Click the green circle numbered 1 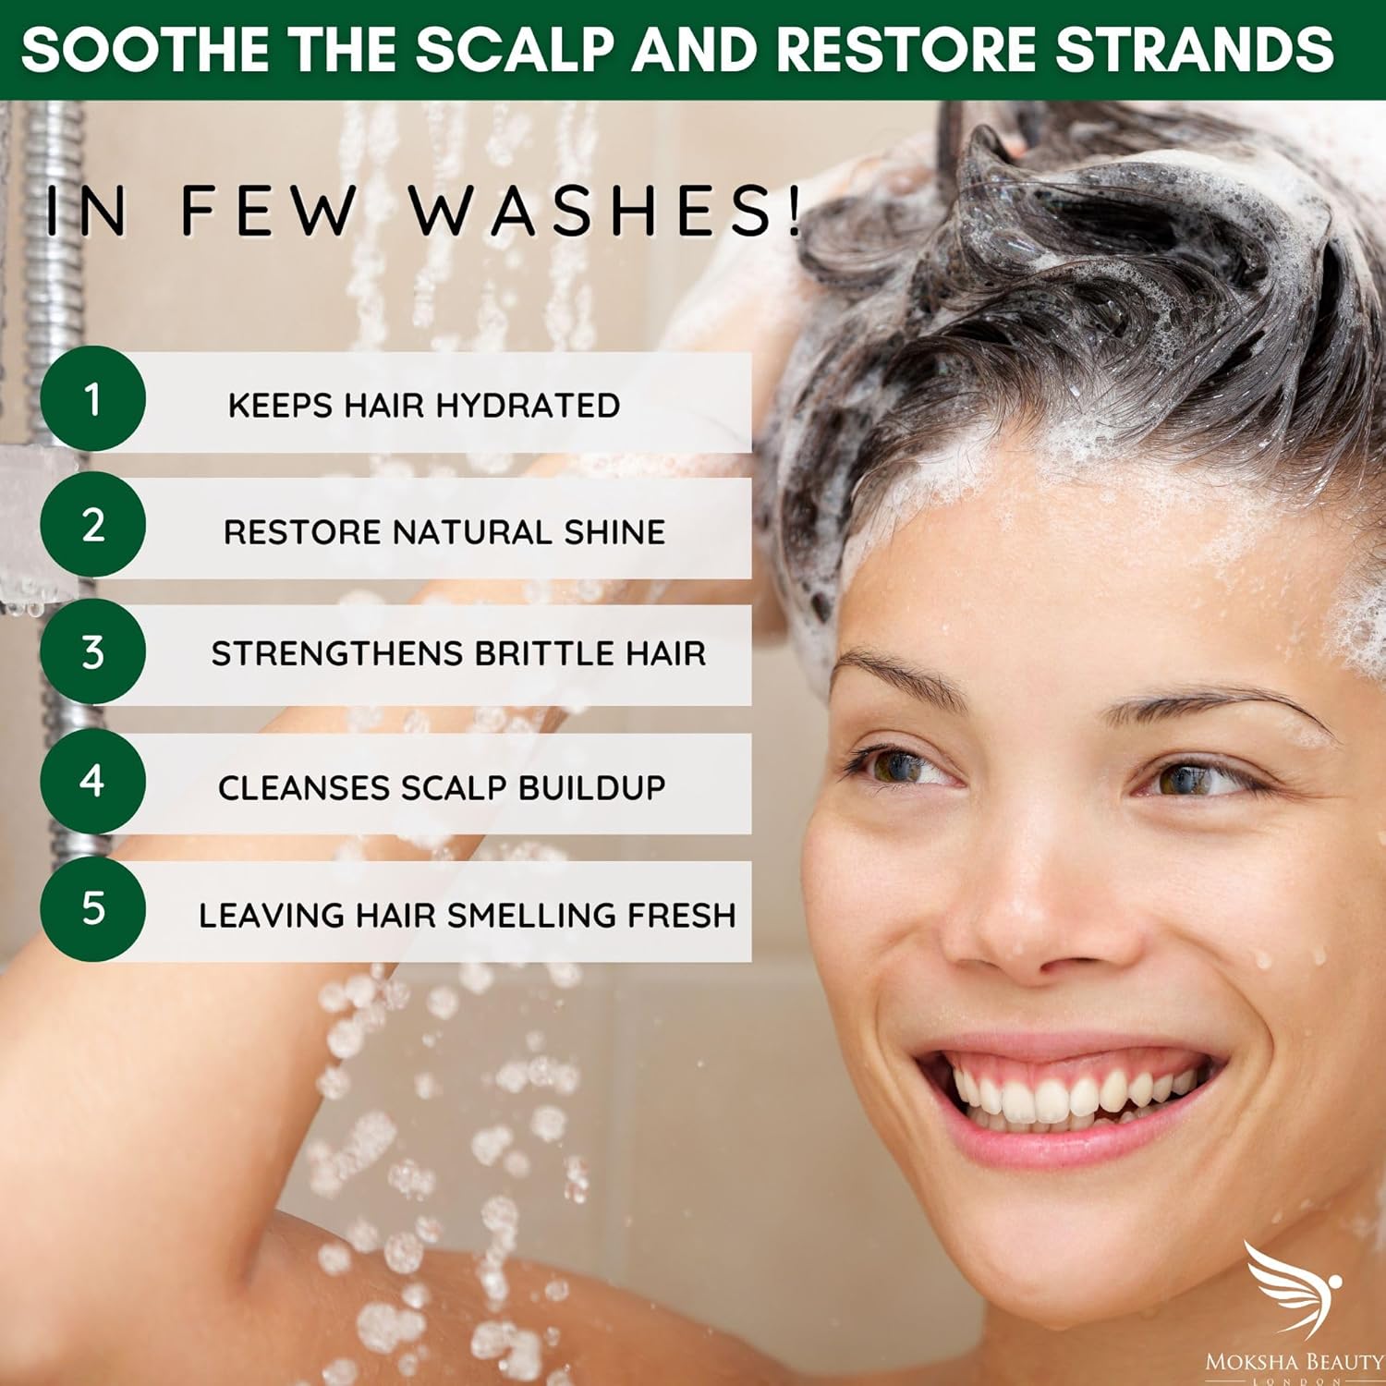(92, 399)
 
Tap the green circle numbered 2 (92, 525)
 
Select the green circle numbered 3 (92, 651)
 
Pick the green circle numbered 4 (92, 781)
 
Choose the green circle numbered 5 (92, 908)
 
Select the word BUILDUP (591, 787)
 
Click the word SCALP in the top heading (515, 48)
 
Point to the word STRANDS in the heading (1195, 48)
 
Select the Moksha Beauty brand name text (1295, 1362)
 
